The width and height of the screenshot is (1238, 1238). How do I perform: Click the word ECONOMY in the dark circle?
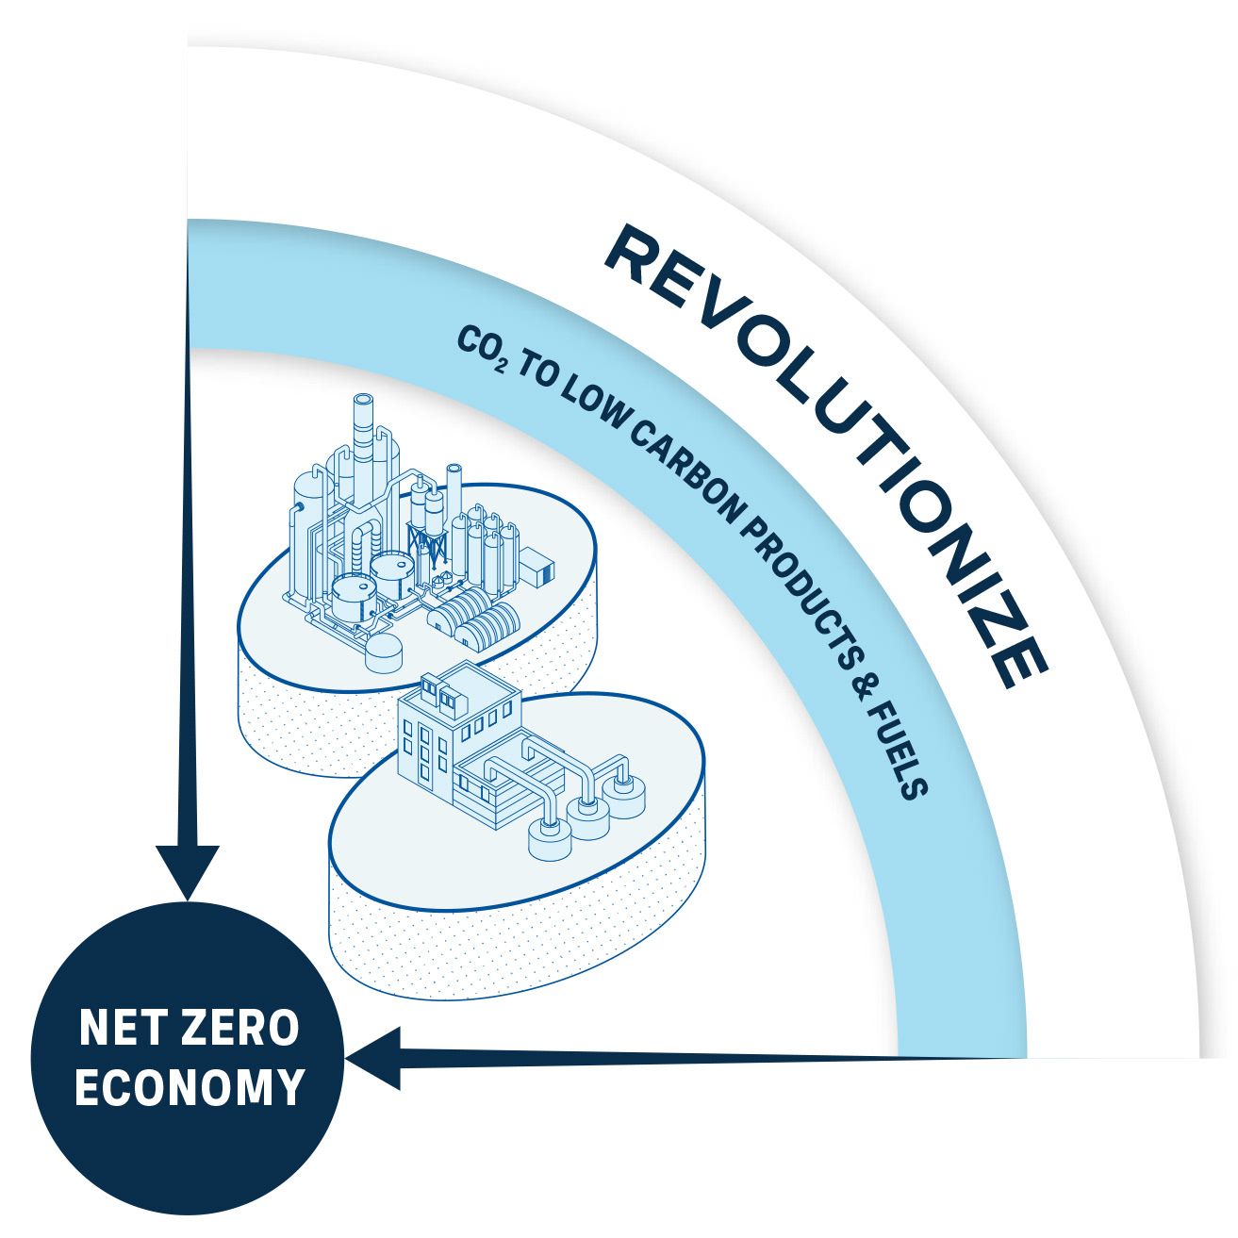point(190,1087)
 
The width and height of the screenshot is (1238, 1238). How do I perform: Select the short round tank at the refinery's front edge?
point(383,650)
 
